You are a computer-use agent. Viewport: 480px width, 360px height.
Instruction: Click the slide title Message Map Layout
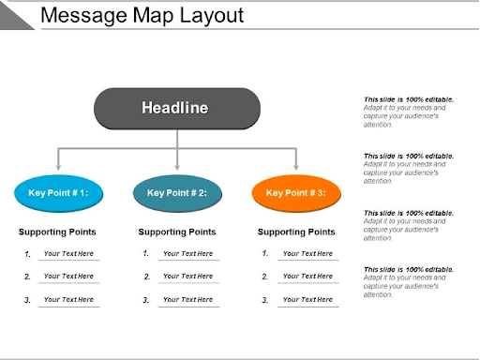[x=142, y=16]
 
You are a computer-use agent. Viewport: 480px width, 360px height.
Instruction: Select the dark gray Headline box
[x=176, y=108]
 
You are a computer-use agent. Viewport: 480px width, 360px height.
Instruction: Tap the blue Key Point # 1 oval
[x=58, y=193]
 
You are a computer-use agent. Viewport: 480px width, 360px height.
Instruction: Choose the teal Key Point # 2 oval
[x=177, y=193]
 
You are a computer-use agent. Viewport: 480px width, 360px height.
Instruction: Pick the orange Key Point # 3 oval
[x=296, y=193]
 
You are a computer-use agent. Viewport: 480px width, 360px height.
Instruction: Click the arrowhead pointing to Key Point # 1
[x=58, y=167]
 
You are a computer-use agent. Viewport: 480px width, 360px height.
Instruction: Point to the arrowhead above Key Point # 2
[x=177, y=167]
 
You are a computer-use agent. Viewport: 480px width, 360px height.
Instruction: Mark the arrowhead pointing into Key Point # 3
[x=296, y=167]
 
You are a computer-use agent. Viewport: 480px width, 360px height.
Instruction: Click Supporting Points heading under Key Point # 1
[x=58, y=232]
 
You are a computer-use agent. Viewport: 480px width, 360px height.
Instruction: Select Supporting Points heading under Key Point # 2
[x=177, y=232]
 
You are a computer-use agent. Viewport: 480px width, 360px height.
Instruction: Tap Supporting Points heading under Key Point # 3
[x=296, y=232]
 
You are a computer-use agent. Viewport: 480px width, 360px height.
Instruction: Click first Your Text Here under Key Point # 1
[x=68, y=253]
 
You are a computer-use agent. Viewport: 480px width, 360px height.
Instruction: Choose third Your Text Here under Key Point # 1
[x=68, y=299]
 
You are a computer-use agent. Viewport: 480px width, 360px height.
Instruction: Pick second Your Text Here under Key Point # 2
[x=187, y=277]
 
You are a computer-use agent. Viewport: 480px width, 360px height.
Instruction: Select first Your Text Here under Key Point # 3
[x=307, y=253]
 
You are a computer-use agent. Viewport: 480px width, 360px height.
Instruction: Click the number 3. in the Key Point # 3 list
[x=265, y=300]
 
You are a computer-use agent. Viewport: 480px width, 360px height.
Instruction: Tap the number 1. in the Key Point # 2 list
[x=146, y=253]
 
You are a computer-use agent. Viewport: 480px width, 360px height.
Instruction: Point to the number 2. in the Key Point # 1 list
[x=28, y=277]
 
